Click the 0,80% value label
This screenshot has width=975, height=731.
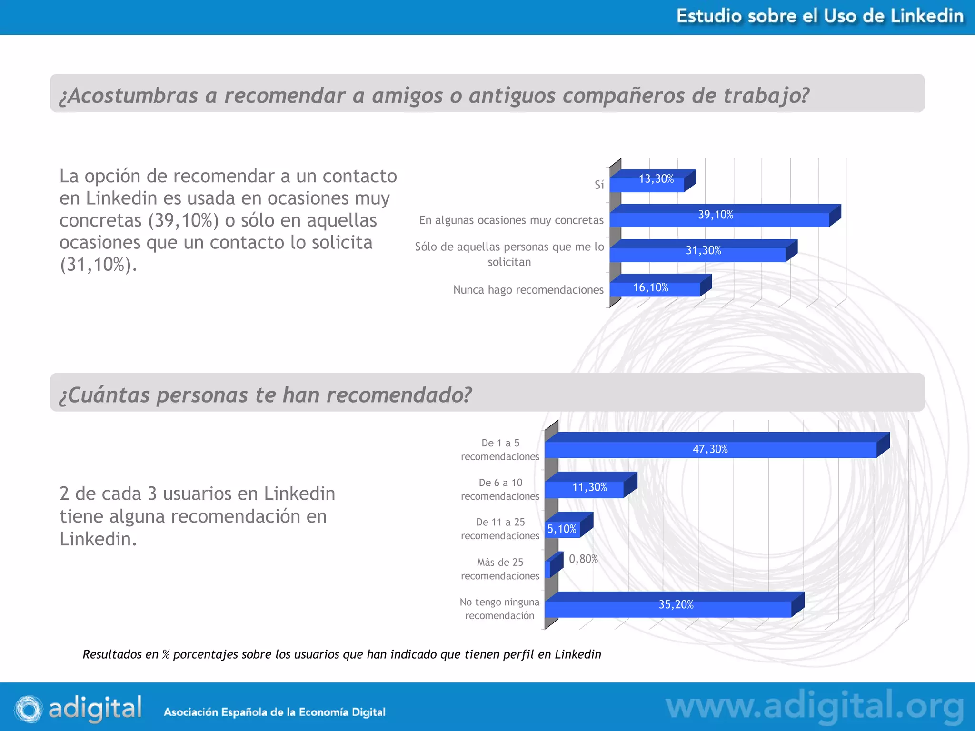583,559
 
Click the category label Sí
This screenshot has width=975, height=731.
599,185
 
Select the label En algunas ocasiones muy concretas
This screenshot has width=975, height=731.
511,220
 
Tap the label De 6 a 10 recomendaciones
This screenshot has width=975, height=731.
500,489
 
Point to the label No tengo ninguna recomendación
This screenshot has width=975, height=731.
500,609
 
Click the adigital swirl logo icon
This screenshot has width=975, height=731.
29,709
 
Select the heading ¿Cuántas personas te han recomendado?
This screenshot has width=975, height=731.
266,395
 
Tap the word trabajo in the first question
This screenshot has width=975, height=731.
766,95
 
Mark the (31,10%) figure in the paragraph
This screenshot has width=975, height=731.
98,265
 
